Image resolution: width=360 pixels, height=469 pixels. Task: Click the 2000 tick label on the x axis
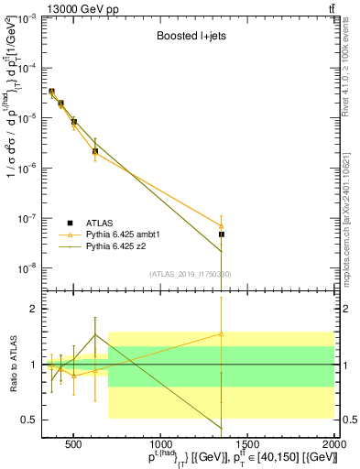click(333, 445)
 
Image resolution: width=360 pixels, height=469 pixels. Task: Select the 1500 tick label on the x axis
click(246, 445)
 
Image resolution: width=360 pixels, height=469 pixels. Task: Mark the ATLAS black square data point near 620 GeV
click(95, 151)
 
